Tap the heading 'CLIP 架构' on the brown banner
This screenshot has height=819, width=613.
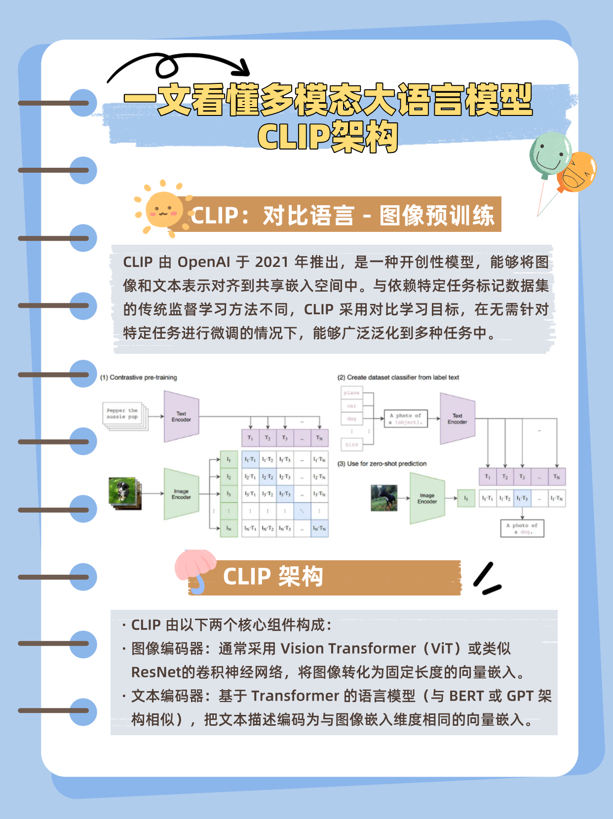coord(273,577)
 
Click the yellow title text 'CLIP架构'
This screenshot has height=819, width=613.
coord(327,137)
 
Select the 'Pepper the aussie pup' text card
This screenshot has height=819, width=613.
coord(123,414)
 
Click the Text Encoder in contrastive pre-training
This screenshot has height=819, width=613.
coord(181,416)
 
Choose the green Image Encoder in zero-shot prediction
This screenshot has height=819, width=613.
coord(427,498)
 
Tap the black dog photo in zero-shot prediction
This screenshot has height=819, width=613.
coord(384,497)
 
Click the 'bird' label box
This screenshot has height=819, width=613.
coord(351,445)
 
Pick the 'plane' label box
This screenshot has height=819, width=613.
coord(351,393)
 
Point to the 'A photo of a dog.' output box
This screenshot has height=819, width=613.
coord(522,528)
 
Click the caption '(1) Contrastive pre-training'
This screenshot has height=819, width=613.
coord(138,377)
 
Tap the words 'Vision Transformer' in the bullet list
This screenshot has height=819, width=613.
coord(348,648)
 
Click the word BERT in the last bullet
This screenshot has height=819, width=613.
coord(466,696)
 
